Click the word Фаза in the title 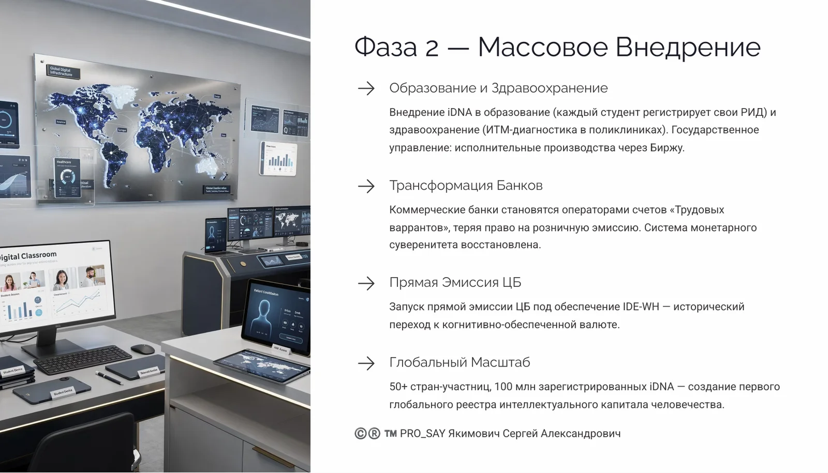(386, 47)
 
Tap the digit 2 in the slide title (432, 48)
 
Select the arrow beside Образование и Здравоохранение (366, 88)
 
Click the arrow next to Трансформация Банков (366, 186)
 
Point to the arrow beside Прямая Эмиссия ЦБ (366, 283)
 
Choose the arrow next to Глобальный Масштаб (366, 363)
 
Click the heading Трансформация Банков (466, 186)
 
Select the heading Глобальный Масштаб (460, 362)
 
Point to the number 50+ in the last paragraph (398, 387)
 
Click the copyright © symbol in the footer (361, 434)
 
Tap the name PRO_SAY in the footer (422, 434)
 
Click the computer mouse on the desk (143, 349)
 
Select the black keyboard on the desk (83, 360)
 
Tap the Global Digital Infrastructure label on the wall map (61, 71)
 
